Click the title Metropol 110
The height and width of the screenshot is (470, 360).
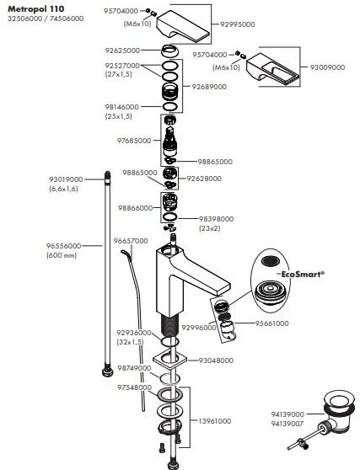click(x=36, y=9)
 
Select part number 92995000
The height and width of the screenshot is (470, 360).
click(x=238, y=24)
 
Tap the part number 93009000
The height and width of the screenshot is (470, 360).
click(x=327, y=67)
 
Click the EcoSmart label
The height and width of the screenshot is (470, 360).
click(x=303, y=274)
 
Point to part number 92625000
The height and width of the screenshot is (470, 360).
click(x=122, y=51)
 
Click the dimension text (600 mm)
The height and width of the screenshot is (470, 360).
click(x=62, y=255)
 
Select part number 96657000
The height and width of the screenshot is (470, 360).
click(x=131, y=241)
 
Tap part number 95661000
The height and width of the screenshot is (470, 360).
click(x=271, y=323)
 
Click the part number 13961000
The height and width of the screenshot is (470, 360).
click(x=215, y=421)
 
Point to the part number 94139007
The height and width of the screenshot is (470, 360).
click(x=287, y=424)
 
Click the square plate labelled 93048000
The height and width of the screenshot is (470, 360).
click(x=169, y=360)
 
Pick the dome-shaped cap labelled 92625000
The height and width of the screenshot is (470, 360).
click(x=170, y=51)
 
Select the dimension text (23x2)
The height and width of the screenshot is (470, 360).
click(x=210, y=228)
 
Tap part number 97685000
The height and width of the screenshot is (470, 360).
click(x=134, y=141)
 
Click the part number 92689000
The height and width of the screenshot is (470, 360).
click(x=209, y=87)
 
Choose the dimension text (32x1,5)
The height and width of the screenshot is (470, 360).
click(x=130, y=342)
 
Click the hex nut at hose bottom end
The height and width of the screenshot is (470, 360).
click(x=108, y=371)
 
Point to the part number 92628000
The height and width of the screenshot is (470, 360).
click(x=204, y=179)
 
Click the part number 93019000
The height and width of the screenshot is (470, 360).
click(x=66, y=179)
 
